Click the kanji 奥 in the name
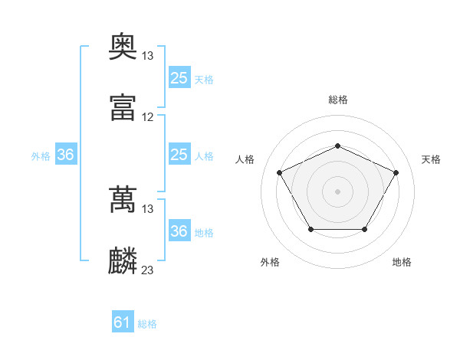(123, 46)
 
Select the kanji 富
(123, 107)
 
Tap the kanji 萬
(123, 199)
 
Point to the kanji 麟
(123, 260)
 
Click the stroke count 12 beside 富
(147, 117)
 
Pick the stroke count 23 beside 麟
(147, 270)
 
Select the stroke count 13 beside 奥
(147, 56)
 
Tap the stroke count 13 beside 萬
(147, 209)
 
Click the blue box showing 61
(123, 321)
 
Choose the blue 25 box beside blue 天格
(179, 77)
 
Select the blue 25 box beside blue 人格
(179, 154)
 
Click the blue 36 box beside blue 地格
(179, 230)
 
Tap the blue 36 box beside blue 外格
(66, 154)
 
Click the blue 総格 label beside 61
(147, 324)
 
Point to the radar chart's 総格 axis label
(338, 100)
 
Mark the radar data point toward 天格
(396, 172)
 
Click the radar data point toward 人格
(280, 172)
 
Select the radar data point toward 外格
(311, 229)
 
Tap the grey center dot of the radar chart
(337, 191)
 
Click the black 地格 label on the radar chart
(402, 262)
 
